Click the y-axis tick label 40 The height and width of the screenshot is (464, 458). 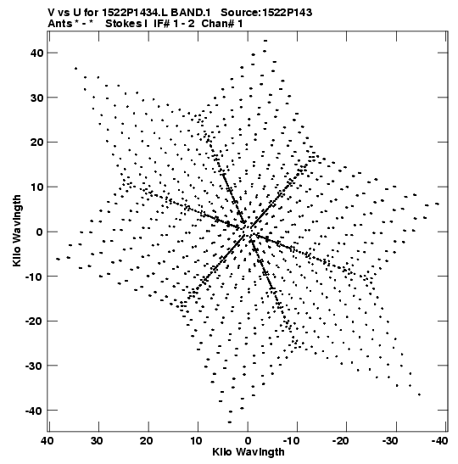[x=37, y=53]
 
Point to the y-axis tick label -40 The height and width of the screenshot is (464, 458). [x=34, y=411]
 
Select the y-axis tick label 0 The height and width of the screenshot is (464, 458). [x=40, y=232]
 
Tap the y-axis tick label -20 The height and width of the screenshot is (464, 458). [x=34, y=321]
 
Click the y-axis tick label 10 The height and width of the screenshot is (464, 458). [x=37, y=187]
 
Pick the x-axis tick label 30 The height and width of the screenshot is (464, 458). [x=97, y=441]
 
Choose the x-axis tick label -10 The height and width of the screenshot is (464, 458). [x=292, y=441]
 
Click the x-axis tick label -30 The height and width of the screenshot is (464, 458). [x=391, y=441]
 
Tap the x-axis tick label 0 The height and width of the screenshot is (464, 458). [x=248, y=441]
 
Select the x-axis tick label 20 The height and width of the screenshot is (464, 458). [x=147, y=441]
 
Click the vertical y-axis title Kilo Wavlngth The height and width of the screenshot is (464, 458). [x=17, y=231]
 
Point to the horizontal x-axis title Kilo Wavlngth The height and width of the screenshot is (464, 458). [x=249, y=452]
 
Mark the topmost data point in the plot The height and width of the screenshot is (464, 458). [x=265, y=41]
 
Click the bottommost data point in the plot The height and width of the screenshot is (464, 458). [x=230, y=422]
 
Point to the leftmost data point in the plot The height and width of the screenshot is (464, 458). [x=58, y=260]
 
